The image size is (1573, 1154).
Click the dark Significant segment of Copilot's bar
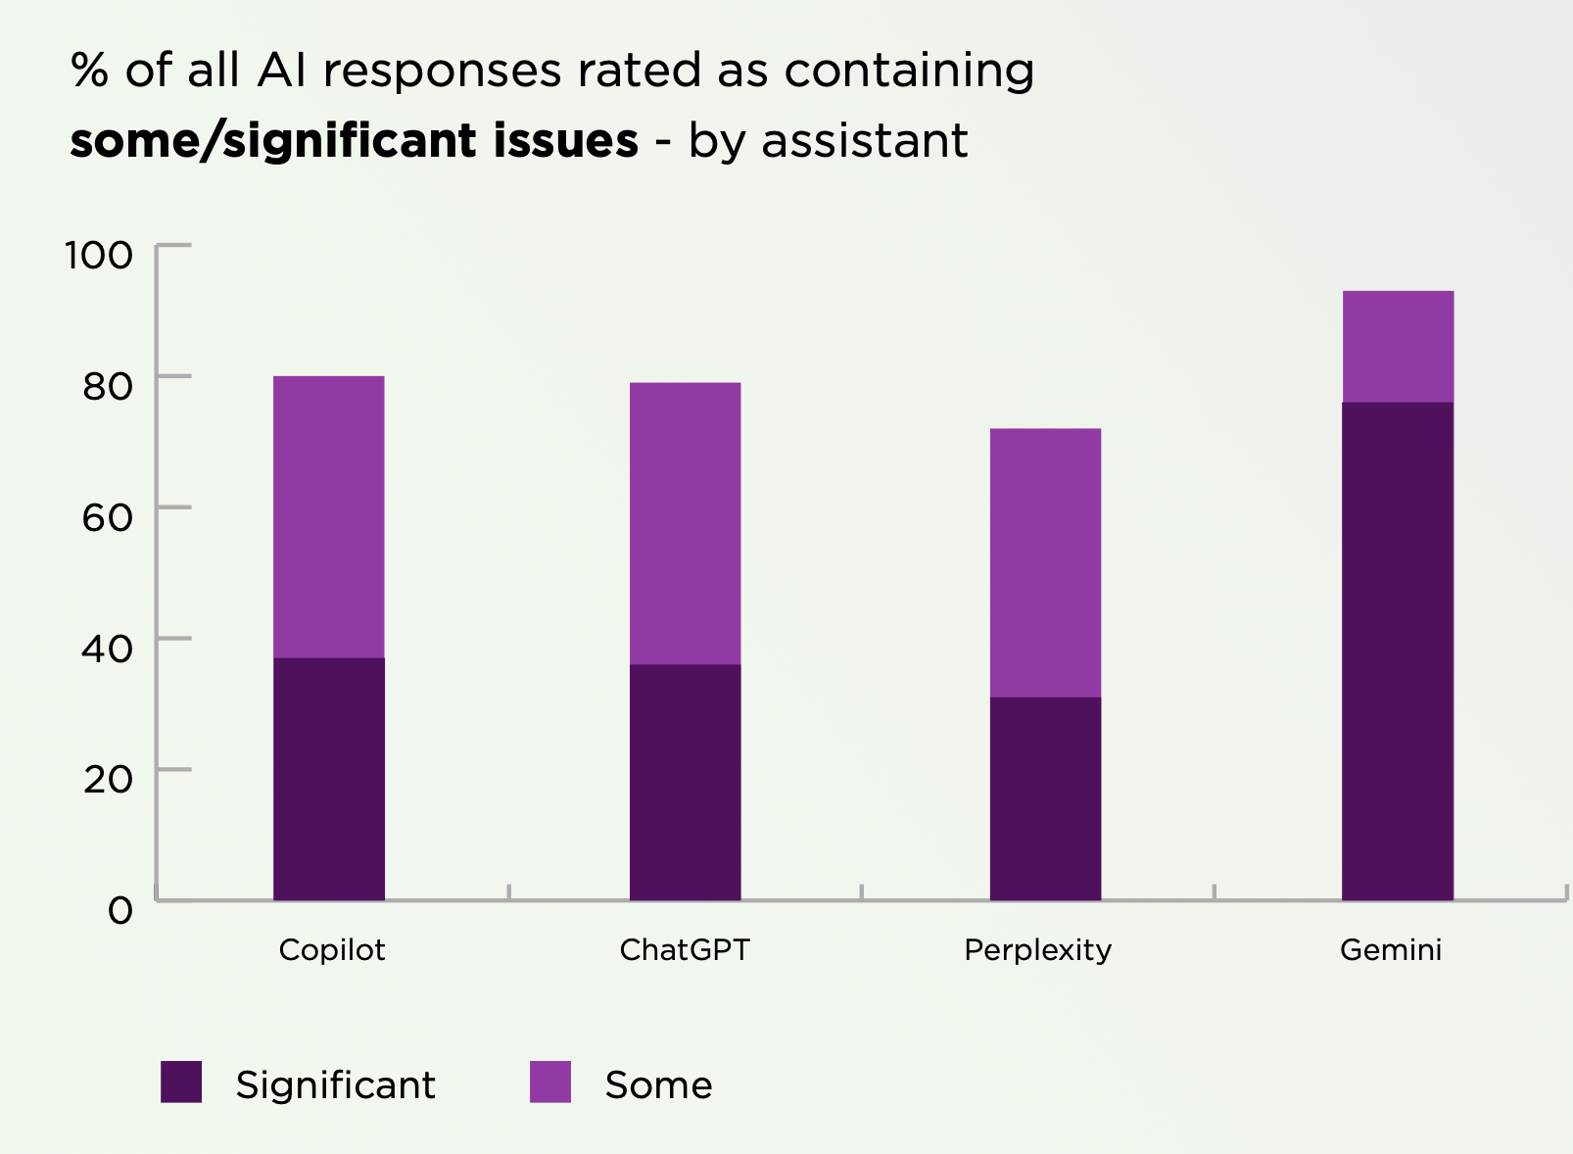329,779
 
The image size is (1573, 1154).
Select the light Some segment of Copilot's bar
329,516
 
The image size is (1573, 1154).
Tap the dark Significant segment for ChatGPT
685,782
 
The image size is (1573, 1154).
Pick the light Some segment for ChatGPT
685,523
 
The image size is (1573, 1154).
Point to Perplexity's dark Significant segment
1045,798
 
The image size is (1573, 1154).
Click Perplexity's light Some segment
1045,562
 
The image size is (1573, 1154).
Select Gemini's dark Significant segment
1398,650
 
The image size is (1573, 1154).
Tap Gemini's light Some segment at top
1398,346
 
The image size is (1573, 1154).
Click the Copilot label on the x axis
332,950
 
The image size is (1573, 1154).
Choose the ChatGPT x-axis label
685,950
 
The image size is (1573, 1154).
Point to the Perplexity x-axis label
1037,950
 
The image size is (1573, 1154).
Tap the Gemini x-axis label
1391,950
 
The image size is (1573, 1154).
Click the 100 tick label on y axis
98,255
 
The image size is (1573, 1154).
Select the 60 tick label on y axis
107,517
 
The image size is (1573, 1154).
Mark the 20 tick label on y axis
107,780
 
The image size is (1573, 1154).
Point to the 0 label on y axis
119,911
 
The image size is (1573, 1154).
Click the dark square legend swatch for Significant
181,1082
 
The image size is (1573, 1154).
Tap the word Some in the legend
658,1085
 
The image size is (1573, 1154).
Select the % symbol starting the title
89,71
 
